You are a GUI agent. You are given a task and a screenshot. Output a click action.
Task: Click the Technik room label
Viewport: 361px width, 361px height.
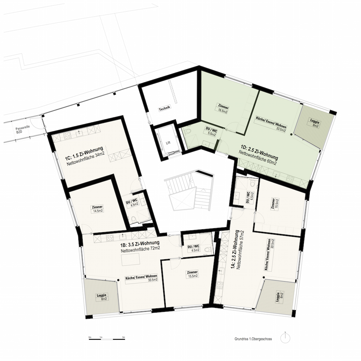pos(164,108)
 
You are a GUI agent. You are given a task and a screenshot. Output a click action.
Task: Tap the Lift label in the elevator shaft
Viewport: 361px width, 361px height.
pos(168,143)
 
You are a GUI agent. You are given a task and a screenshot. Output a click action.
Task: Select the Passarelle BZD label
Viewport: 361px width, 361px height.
pos(20,131)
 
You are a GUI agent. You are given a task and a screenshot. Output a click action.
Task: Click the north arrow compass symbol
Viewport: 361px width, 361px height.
pos(285,338)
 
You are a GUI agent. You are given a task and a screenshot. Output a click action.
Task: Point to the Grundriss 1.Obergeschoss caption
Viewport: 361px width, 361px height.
pos(253,339)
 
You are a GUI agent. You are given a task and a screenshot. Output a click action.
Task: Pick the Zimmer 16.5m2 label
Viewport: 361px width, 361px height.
pos(223,109)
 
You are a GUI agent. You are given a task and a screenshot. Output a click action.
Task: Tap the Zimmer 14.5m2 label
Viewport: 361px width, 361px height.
pos(97,209)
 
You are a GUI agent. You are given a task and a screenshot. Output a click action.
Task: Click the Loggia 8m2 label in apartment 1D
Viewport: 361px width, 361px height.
pos(314,123)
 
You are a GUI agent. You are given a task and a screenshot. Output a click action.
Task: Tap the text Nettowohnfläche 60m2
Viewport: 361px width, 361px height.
pos(258,158)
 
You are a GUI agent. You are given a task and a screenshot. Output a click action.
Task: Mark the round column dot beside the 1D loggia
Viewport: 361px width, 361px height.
pos(291,134)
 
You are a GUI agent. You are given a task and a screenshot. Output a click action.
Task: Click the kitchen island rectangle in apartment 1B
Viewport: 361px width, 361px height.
pos(131,260)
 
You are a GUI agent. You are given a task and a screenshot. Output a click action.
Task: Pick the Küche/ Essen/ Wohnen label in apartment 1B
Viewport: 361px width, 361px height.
pos(142,278)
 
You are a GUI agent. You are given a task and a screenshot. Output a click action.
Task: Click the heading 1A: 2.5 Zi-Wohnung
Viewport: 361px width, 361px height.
pos(235,249)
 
